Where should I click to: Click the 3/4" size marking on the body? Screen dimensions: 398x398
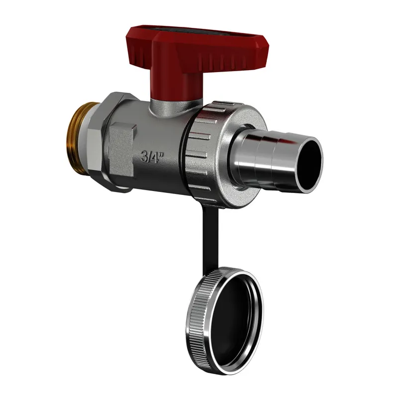coord(152,157)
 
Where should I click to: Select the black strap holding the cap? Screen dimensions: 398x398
coord(210,241)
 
